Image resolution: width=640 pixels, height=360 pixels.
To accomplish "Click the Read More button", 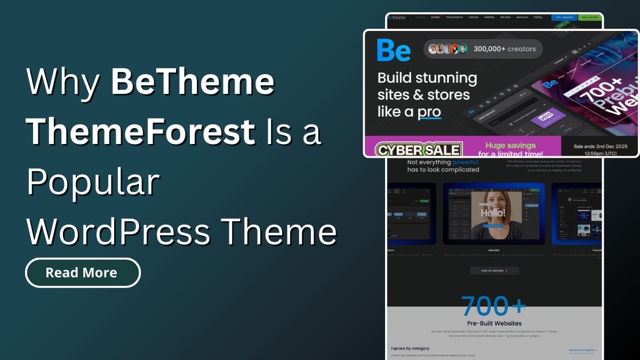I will coord(83,273).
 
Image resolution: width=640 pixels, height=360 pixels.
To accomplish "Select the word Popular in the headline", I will coord(93,182).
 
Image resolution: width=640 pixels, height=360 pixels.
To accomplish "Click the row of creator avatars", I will coord(448,49).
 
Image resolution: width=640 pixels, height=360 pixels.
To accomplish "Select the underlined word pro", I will coord(429,112).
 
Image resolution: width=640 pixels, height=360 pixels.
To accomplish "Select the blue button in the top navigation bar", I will coord(563,18).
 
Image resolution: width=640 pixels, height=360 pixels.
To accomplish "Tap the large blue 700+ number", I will coord(494,306).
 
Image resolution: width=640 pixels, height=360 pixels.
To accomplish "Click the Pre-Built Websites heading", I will coord(494,323).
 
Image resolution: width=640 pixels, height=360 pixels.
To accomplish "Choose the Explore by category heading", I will coord(410,348).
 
